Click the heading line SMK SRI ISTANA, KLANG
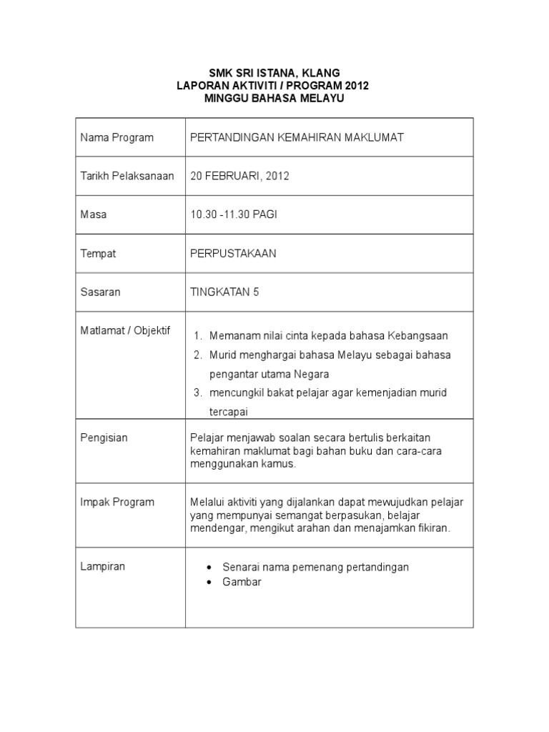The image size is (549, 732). coord(274,73)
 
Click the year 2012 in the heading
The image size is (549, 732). coord(354,86)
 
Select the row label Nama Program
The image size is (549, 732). coord(117,137)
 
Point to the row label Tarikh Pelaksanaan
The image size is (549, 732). coord(127,176)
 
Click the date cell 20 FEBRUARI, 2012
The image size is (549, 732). coord(239,176)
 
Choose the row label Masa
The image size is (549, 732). coord(93,214)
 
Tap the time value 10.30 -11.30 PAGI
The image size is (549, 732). coord(233,214)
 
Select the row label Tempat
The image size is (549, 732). coord(98,253)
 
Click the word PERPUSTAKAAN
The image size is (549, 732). coord(233,253)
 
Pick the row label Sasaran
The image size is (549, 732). coord(100,292)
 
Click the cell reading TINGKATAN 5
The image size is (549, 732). coord(224,292)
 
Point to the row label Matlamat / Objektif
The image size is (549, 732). coord(125,331)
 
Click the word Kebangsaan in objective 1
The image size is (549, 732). coord(417,336)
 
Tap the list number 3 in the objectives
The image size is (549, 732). coord(198,393)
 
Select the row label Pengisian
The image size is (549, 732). coord(104,437)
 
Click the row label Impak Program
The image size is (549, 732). coord(117,502)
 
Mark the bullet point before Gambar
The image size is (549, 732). coord(209,582)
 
